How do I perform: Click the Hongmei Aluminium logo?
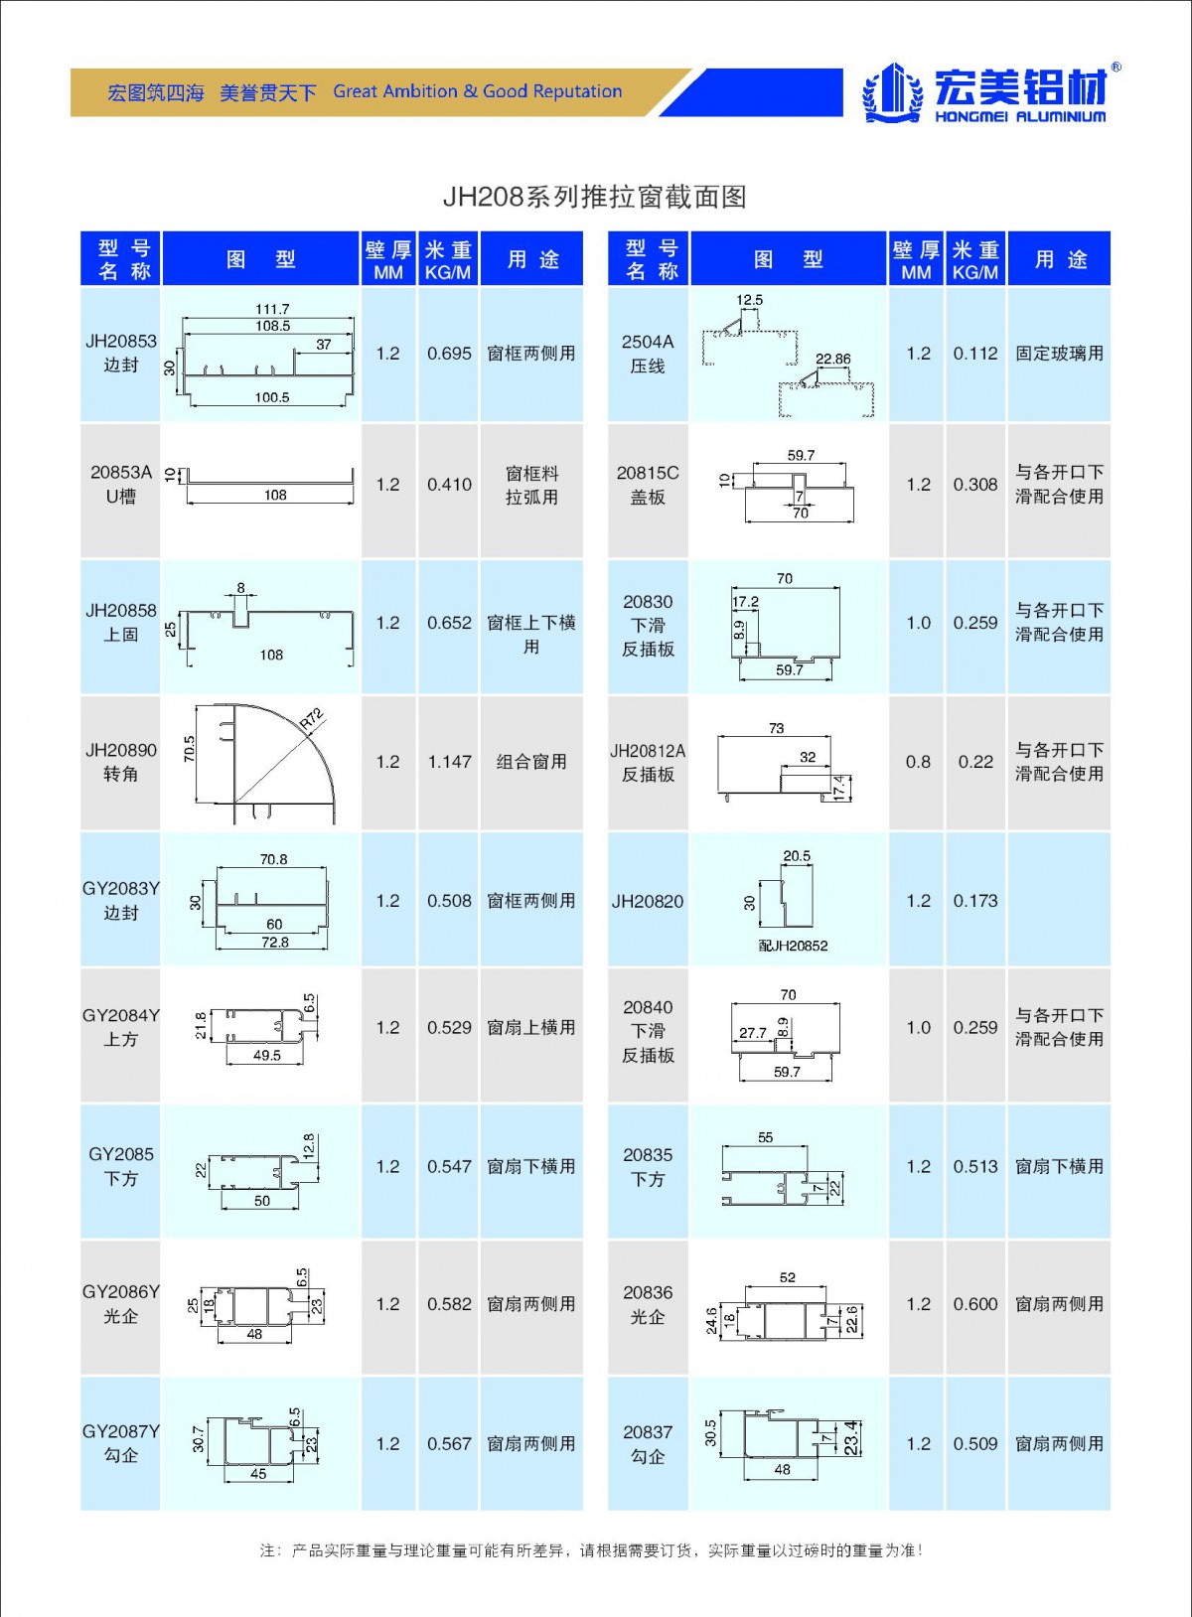click(x=992, y=92)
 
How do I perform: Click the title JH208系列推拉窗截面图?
click(x=594, y=197)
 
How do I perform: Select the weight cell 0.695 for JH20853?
click(x=449, y=354)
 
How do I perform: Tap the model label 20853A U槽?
click(x=120, y=485)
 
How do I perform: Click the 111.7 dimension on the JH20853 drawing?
click(x=272, y=309)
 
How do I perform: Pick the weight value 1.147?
click(x=449, y=762)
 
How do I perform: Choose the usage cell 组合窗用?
click(x=531, y=762)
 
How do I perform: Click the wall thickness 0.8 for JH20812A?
click(x=918, y=762)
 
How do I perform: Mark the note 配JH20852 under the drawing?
click(x=793, y=946)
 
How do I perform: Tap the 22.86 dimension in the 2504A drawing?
click(x=833, y=359)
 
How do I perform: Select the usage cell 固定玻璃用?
click(x=1059, y=354)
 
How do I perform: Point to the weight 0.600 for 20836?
click(x=975, y=1304)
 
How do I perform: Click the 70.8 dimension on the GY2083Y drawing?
click(x=273, y=859)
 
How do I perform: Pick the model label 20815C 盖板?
click(x=648, y=485)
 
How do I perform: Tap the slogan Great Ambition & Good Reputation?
click(x=477, y=91)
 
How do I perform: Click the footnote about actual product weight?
click(x=592, y=1550)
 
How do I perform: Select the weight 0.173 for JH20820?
click(x=975, y=901)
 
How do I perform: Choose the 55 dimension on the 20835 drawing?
click(x=765, y=1137)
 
